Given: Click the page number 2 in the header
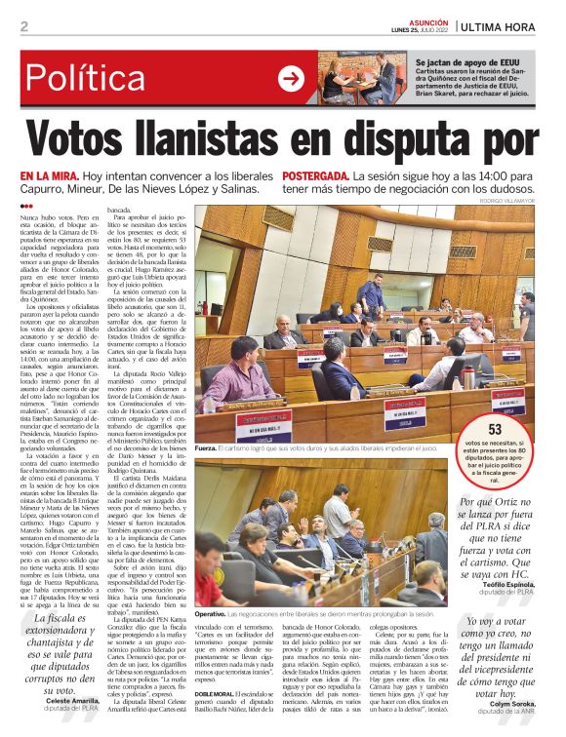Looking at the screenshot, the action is click(x=24, y=26).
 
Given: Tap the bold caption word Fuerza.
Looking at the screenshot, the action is click(x=207, y=449).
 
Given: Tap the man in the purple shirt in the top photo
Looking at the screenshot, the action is click(x=234, y=370).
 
